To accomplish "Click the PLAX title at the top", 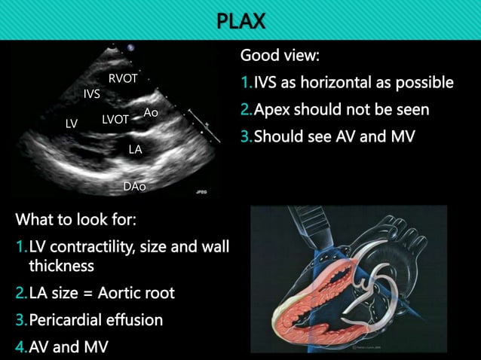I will click(x=240, y=20).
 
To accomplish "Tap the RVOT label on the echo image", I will click(x=122, y=78).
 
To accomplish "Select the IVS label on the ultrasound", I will click(x=92, y=93).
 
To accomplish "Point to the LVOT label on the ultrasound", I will click(x=115, y=119).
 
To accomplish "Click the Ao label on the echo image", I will click(x=151, y=112).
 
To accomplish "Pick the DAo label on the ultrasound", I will click(x=134, y=185).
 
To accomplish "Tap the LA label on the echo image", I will click(x=135, y=149).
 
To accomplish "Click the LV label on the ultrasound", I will click(x=72, y=124).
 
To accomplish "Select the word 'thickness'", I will click(x=61, y=266).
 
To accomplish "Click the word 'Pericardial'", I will click(x=66, y=319).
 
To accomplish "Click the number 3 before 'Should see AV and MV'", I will click(x=245, y=138).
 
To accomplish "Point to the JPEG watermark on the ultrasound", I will click(x=200, y=193).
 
